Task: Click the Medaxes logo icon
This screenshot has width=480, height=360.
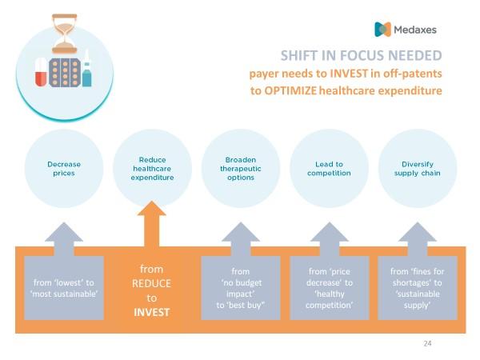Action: pyautogui.click(x=382, y=30)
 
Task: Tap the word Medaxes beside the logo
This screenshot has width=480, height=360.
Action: pyautogui.click(x=415, y=30)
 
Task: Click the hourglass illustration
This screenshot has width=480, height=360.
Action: pyautogui.click(x=64, y=34)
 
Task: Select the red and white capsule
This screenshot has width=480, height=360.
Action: pyautogui.click(x=41, y=72)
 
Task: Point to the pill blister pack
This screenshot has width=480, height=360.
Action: pyautogui.click(x=65, y=73)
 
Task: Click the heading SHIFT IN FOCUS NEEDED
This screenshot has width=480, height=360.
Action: pyautogui.click(x=362, y=56)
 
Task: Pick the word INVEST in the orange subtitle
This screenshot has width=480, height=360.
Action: pyautogui.click(x=349, y=74)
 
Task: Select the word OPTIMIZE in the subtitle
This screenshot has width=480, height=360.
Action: pyautogui.click(x=290, y=91)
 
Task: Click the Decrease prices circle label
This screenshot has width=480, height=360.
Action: pyautogui.click(x=64, y=169)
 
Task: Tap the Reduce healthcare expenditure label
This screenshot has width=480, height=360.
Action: pyautogui.click(x=152, y=169)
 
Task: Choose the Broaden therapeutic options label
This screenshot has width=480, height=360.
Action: pyautogui.click(x=241, y=169)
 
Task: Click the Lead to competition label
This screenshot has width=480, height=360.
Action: pyautogui.click(x=329, y=169)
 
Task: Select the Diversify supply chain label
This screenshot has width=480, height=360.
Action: pyautogui.click(x=418, y=169)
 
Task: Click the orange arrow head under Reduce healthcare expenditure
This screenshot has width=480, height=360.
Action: pyautogui.click(x=152, y=209)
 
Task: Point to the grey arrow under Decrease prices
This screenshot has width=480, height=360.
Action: pyautogui.click(x=64, y=239)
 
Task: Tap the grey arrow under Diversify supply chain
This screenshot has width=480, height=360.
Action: pyautogui.click(x=418, y=239)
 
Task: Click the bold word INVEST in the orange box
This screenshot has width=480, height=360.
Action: pyautogui.click(x=151, y=312)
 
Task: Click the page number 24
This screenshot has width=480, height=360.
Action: pyautogui.click(x=428, y=343)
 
